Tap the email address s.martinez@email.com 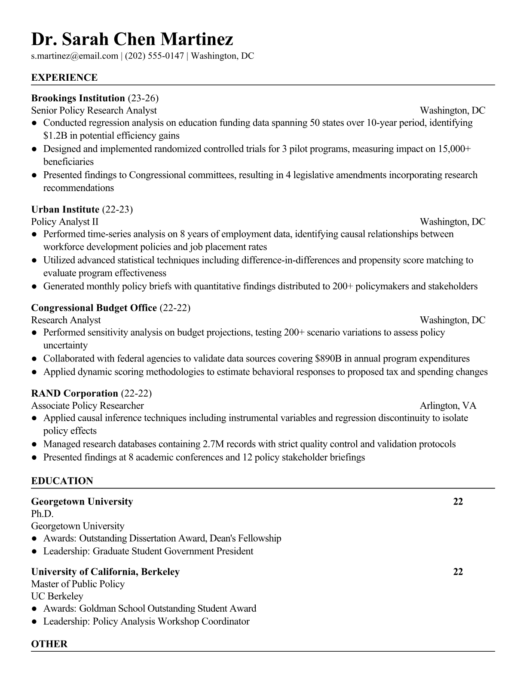pos(74,56)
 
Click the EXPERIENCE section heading pos(64,78)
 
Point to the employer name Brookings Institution pos(78,98)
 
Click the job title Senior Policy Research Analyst pos(94,111)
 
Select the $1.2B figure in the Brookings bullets pos(54,136)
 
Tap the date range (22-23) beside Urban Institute pos(117,209)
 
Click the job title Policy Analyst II pos(64,222)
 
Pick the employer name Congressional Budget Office pos(94,308)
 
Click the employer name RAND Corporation pos(74,393)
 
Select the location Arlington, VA pos(448,406)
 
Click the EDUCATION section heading pos(62,481)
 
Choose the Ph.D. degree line pos(42,514)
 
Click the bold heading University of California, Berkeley pos(105,572)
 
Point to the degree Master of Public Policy pos(78,584)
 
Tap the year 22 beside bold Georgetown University pos(458,501)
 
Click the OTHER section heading pos(49,644)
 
